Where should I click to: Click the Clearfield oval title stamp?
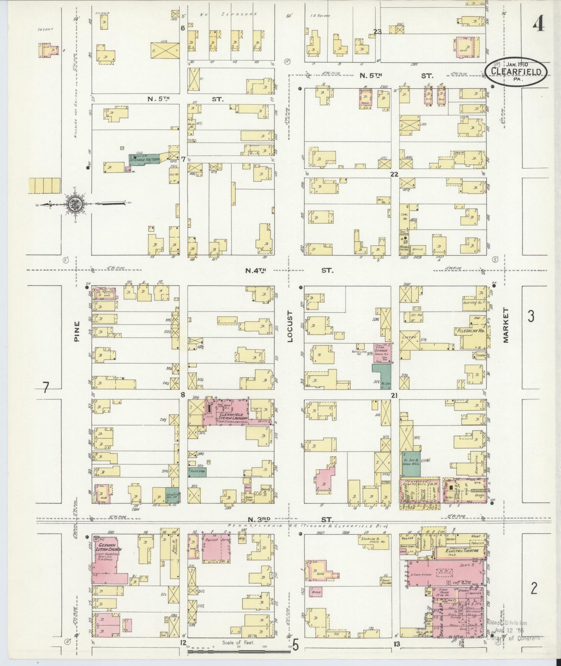516,72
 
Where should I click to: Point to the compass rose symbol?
73,203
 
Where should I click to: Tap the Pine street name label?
77,331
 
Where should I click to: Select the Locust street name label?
290,331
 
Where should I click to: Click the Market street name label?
505,326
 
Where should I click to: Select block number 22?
394,174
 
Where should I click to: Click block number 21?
394,396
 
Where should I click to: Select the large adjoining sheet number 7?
46,387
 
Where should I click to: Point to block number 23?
377,32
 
